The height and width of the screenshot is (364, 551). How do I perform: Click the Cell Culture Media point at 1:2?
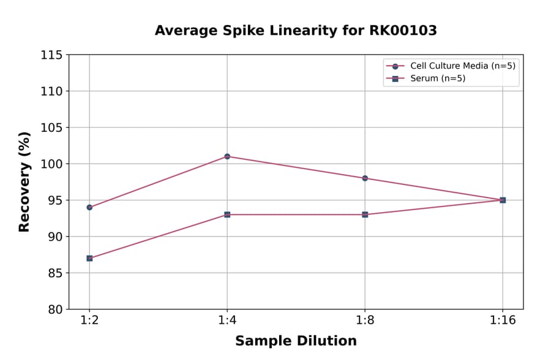click(89, 207)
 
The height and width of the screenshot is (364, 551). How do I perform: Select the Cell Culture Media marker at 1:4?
click(227, 156)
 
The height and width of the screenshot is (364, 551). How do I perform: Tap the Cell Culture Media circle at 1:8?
click(365, 178)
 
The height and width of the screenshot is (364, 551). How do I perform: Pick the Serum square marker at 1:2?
click(89, 258)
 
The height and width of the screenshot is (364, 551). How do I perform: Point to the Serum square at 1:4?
click(227, 214)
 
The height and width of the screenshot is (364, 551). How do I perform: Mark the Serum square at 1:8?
click(365, 214)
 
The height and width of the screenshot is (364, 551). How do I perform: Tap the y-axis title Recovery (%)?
click(24, 181)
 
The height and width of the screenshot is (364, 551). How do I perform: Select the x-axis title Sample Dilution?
click(296, 341)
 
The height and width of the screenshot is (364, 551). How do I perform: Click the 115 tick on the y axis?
click(51, 55)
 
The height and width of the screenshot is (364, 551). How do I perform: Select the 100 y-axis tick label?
click(51, 164)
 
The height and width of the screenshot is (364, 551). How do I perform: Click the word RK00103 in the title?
click(402, 31)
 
